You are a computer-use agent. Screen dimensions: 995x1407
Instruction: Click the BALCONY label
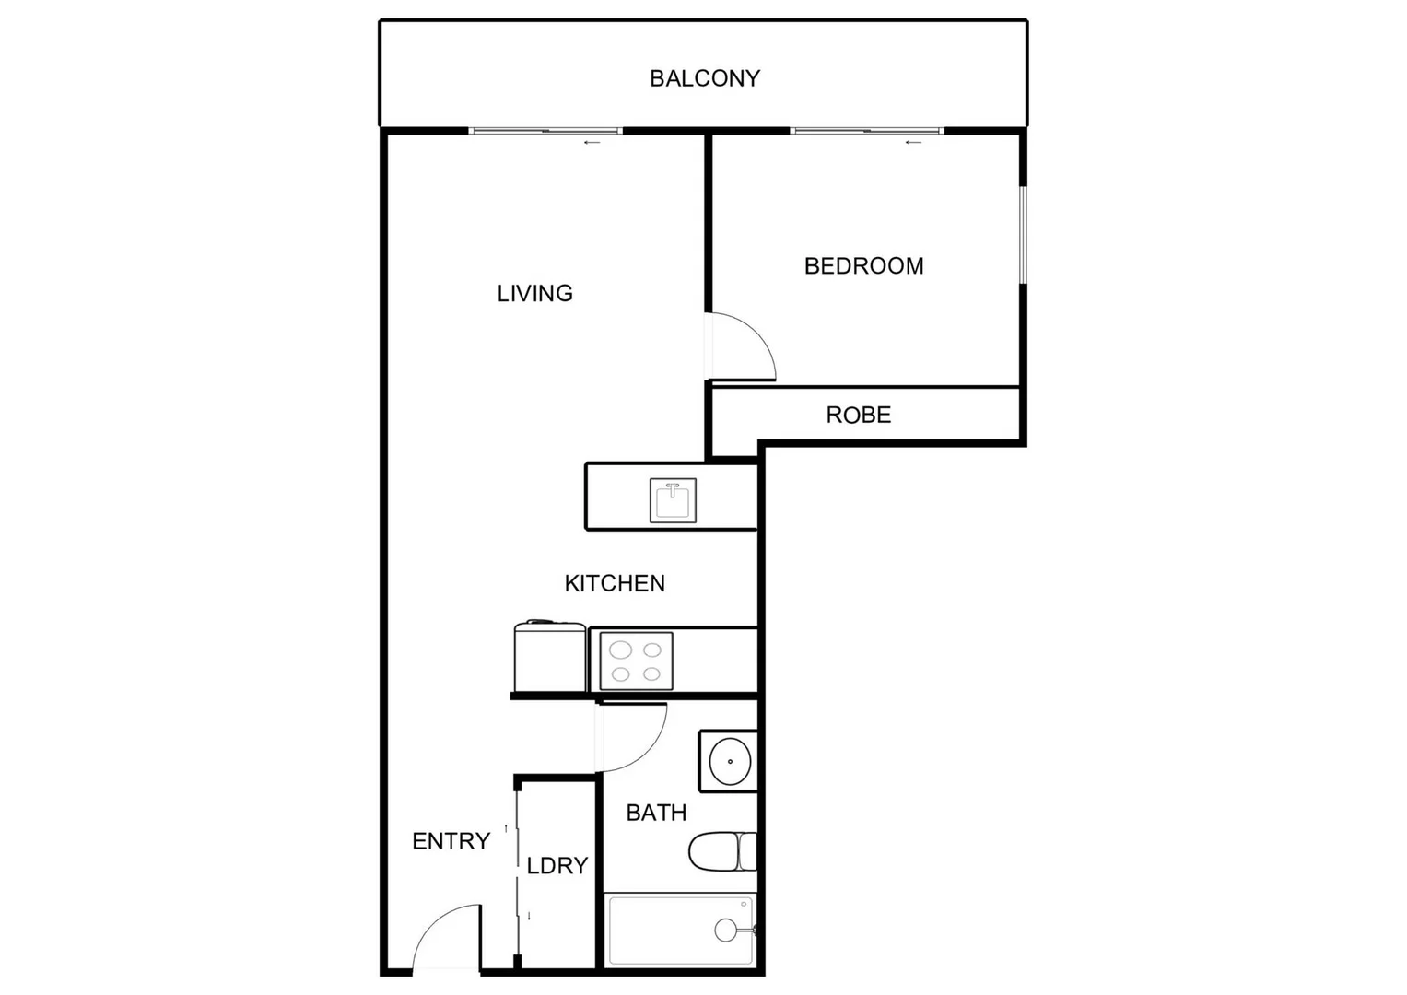point(705,78)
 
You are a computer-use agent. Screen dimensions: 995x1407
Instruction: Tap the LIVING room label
point(534,293)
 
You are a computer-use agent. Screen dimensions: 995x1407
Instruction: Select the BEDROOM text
point(863,266)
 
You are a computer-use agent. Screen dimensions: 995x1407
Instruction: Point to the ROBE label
point(858,416)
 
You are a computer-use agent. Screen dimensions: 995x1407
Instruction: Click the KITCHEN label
point(615,583)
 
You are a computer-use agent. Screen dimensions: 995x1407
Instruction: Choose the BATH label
point(656,813)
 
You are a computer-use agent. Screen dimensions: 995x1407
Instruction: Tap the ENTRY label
point(451,841)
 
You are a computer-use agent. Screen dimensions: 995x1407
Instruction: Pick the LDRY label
point(557,866)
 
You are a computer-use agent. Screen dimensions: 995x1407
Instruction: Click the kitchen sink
point(673,500)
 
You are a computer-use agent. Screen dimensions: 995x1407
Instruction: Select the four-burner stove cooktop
point(636,661)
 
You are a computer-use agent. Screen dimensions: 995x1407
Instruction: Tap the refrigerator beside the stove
point(550,657)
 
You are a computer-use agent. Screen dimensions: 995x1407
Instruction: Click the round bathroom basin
point(730,762)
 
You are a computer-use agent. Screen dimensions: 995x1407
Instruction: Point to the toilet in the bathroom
point(722,852)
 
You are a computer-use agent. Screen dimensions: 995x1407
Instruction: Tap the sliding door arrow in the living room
point(592,143)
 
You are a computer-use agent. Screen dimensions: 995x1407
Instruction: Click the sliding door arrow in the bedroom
point(913,143)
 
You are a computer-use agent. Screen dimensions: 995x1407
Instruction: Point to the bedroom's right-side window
point(1022,236)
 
